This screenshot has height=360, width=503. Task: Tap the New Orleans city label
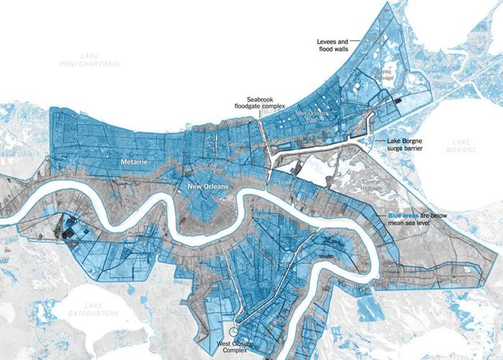[208, 186]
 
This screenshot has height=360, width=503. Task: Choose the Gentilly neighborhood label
[237, 144]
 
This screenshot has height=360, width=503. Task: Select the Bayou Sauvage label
[383, 74]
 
